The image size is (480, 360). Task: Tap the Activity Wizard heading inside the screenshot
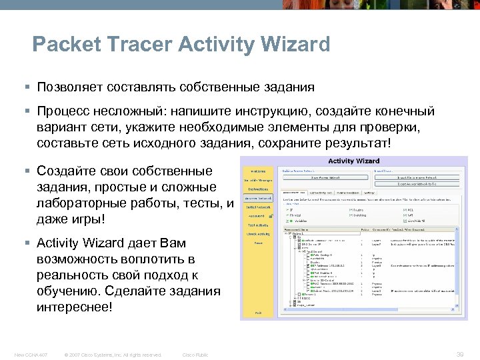pos(353,161)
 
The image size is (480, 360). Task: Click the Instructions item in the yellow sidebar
pos(258,189)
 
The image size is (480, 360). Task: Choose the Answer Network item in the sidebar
pos(258,199)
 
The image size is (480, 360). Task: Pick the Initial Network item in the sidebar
pos(258,207)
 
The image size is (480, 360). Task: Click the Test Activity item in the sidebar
pos(258,225)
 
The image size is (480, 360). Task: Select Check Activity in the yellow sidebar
pos(258,234)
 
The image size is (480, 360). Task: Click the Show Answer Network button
pos(326,177)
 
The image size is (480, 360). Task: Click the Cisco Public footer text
pos(195,355)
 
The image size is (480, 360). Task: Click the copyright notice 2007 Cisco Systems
pos(113,355)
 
